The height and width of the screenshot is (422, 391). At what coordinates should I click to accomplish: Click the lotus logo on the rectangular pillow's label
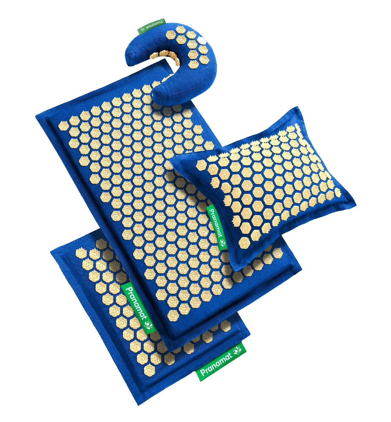(222, 242)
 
